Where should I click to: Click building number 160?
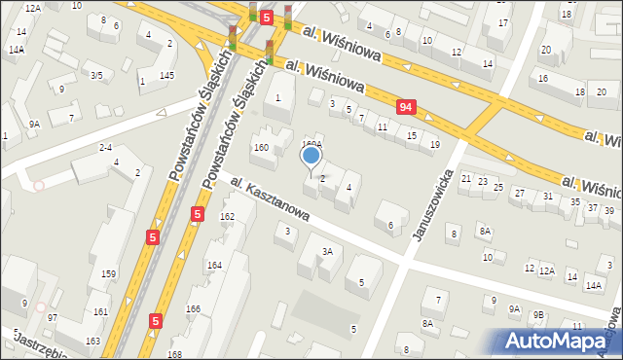point(261,148)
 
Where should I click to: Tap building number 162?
point(227,216)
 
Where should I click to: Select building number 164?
point(213,265)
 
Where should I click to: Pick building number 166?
point(194,309)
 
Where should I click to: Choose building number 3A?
point(328,252)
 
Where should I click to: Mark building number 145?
point(166,76)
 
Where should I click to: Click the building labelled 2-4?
point(106,147)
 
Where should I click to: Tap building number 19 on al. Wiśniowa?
point(435,144)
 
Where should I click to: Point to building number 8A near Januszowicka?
point(484,231)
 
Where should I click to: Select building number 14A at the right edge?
point(593,285)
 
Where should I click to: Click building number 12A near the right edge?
point(547,270)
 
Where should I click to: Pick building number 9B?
point(538,313)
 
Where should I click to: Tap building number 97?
point(53,318)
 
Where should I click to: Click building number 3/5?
point(96,75)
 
